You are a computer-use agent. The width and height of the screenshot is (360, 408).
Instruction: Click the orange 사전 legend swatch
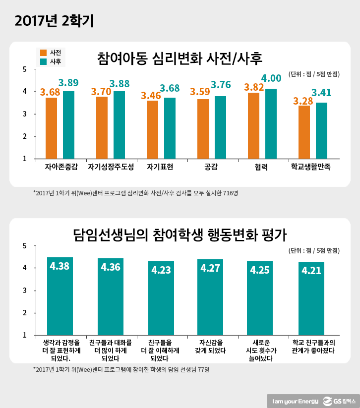(43, 53)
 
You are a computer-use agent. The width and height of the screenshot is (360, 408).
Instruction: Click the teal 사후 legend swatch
(43, 61)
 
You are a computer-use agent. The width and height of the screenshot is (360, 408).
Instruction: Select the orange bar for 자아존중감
(51, 128)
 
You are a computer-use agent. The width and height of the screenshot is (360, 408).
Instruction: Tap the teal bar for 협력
(271, 123)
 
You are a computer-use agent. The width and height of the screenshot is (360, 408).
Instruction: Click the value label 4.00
(271, 78)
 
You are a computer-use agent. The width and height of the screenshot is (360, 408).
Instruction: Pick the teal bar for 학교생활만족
(321, 130)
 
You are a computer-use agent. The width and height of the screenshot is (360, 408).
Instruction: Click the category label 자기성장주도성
(111, 167)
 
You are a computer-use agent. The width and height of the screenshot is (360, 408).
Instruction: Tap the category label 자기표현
(160, 167)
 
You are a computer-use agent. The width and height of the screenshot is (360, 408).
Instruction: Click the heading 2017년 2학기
(54, 20)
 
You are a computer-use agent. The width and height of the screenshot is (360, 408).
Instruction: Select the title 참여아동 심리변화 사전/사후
(180, 58)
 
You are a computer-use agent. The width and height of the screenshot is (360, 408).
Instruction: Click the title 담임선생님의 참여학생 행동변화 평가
(180, 233)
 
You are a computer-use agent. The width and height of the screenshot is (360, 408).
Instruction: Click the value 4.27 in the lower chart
(210, 268)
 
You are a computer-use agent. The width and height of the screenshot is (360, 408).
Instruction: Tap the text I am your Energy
(294, 400)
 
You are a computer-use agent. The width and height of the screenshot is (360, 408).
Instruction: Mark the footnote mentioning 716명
(135, 193)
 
